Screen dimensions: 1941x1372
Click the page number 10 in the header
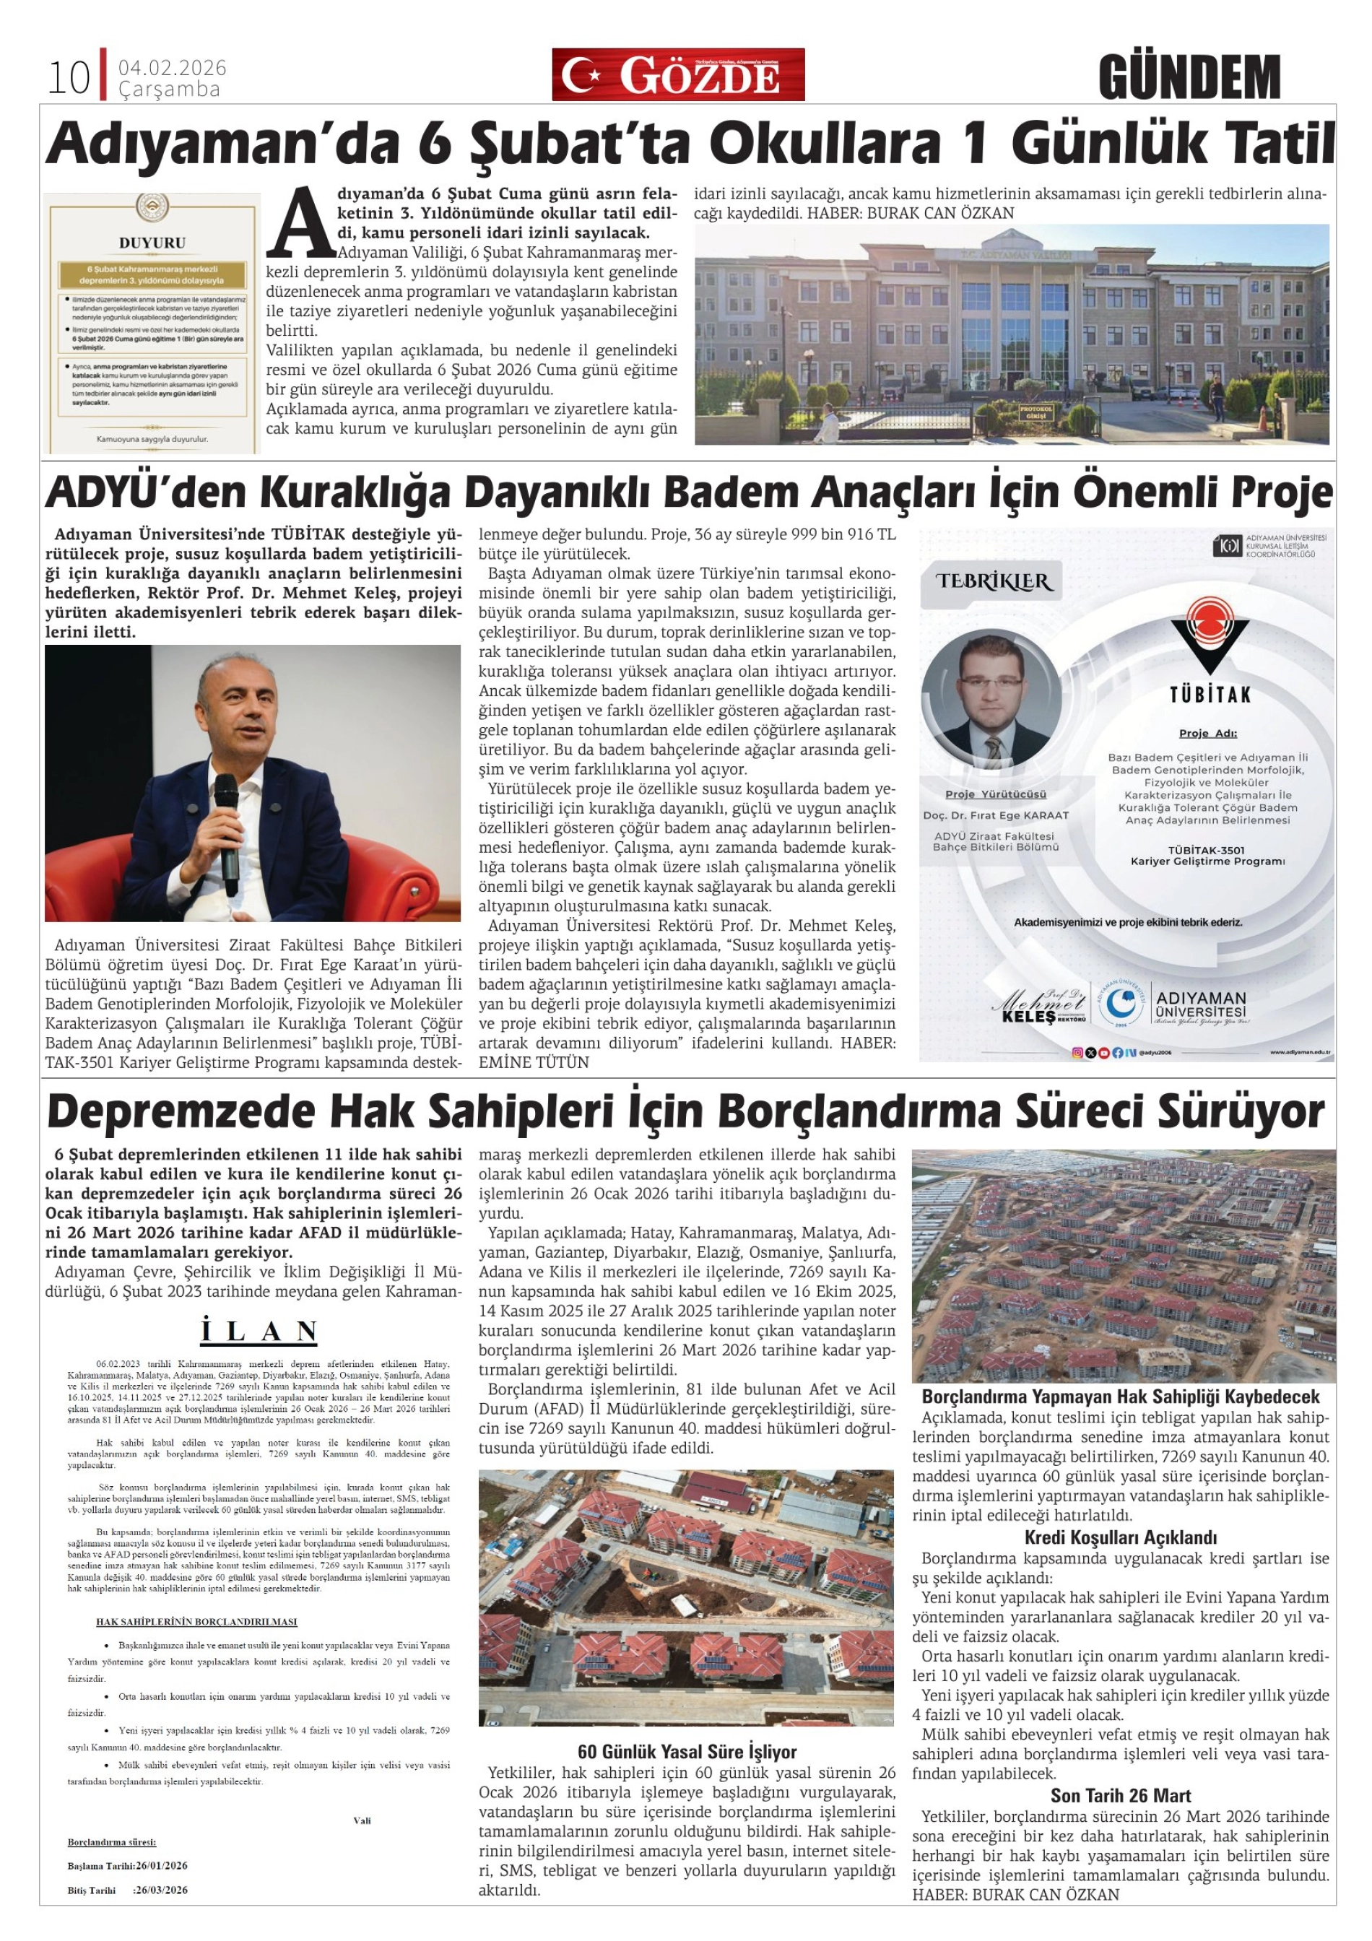click(69, 78)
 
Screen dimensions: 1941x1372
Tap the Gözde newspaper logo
click(678, 74)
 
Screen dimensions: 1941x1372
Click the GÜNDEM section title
click(1189, 78)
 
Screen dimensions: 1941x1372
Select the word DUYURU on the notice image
click(152, 243)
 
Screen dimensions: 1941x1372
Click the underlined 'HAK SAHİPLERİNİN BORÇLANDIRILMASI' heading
click(196, 1621)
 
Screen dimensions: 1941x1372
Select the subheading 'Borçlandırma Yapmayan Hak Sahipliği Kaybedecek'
click(1120, 1397)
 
